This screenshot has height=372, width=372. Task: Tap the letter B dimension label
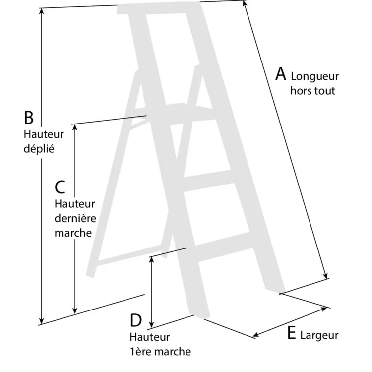29,118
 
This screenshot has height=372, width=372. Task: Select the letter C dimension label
60,187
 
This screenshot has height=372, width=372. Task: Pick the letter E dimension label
292,333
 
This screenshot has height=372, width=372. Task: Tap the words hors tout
312,91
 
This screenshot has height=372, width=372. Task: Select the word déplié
39,148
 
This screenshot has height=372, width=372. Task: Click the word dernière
75,218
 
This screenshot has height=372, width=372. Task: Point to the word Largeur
319,335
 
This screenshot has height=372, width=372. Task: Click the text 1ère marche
160,352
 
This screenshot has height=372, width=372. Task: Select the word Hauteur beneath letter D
150,337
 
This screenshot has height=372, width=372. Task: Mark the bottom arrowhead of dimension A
326,276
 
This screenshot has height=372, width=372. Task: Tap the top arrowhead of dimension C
75,127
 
